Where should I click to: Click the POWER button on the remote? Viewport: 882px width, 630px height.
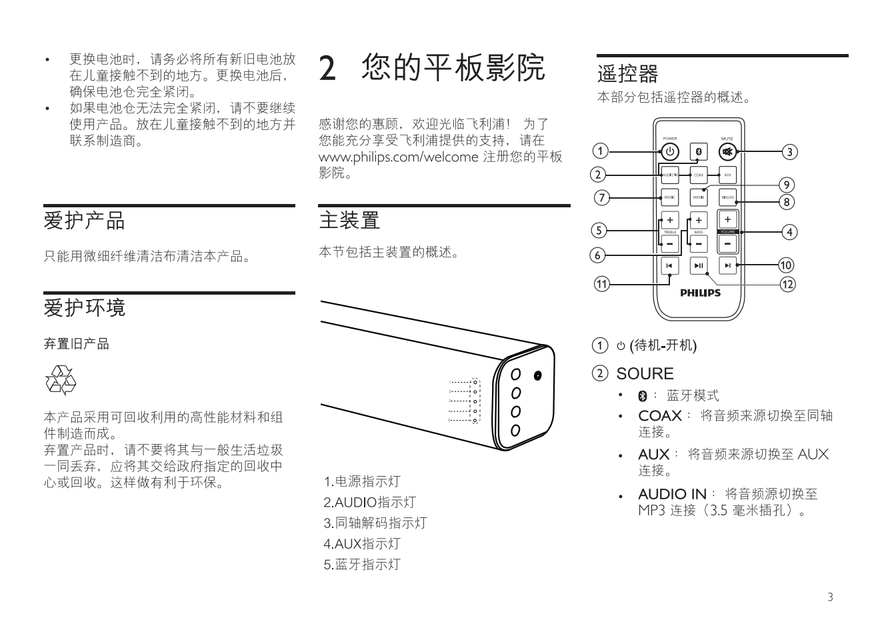(670, 152)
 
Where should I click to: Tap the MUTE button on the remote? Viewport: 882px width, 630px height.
(727, 152)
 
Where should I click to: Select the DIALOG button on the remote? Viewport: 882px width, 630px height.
(727, 197)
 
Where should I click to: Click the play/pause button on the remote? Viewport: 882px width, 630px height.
(699, 265)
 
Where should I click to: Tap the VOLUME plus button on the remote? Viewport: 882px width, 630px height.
(727, 219)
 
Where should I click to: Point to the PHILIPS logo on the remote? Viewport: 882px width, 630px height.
(700, 293)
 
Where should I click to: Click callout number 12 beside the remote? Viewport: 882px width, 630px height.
(788, 284)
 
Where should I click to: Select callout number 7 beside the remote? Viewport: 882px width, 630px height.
(602, 197)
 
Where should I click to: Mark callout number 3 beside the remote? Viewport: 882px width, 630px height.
(789, 152)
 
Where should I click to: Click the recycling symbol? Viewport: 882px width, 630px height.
(60, 381)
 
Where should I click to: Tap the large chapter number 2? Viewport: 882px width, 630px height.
(327, 69)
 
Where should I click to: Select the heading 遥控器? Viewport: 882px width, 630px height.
(627, 73)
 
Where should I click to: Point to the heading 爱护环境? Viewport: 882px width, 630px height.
(84, 308)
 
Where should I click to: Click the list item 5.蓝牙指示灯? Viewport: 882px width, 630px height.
(362, 564)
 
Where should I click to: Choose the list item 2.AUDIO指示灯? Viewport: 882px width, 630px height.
(369, 502)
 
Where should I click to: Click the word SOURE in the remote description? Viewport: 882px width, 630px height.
(645, 373)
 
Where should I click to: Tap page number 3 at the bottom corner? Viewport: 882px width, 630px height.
(830, 597)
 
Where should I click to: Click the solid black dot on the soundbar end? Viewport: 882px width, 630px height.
(537, 375)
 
